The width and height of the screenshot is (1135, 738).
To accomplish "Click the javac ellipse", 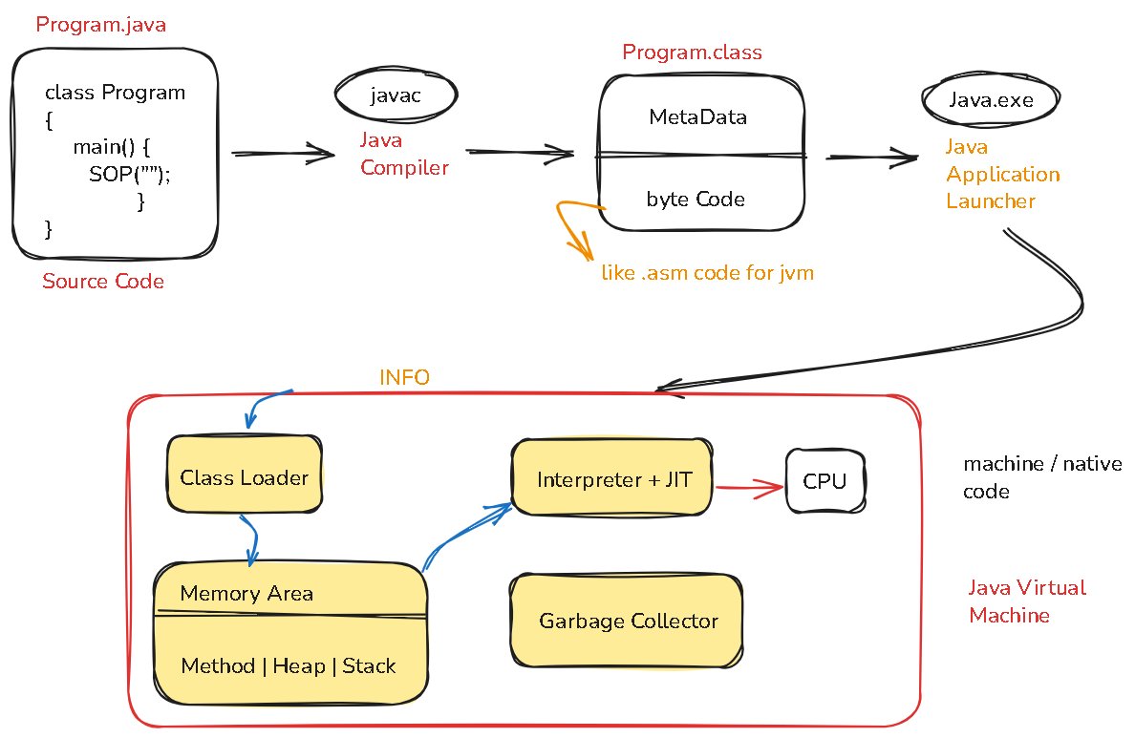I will coord(396,95).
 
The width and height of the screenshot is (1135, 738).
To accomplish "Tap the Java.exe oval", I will coord(991,99).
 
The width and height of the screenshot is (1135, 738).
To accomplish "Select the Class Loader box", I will coord(245,477).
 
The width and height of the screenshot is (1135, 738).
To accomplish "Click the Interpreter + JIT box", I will coord(613,479).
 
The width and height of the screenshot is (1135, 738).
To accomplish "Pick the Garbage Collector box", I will coord(628,622).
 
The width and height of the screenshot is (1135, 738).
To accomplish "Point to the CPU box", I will coord(824,481).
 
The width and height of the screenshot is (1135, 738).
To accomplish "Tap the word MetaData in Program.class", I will coord(697,117).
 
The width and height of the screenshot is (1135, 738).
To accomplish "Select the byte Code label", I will coord(696,200).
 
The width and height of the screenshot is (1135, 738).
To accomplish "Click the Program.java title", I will coord(100,25).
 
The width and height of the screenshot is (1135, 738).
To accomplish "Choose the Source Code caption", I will coord(103,282).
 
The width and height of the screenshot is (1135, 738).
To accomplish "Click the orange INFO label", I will coord(404,377).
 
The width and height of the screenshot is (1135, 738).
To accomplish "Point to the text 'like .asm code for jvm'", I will coord(707,273).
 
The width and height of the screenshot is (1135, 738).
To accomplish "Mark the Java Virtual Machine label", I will coord(1027,601).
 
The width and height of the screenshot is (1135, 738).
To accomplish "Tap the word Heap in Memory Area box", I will coord(300,666).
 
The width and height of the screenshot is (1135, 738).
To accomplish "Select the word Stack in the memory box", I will coord(369,666).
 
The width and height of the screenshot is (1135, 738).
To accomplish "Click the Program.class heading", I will coord(692,53).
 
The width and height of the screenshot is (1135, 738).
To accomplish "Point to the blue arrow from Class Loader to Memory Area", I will coord(250,539).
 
